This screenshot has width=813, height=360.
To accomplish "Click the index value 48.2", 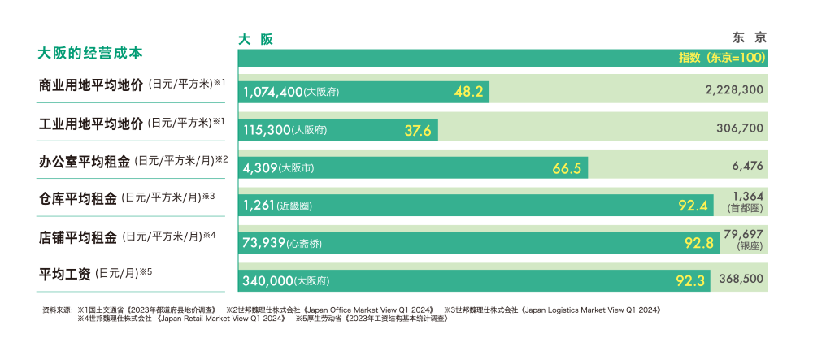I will tap(469, 91).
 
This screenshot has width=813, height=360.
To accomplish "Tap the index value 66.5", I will tap(567, 168).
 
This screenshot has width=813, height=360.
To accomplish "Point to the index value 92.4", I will tap(695, 206).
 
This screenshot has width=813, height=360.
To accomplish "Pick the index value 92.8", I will tap(698, 243).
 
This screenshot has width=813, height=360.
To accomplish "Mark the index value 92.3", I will tap(692, 280).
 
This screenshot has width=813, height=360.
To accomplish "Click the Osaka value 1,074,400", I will tap(272, 91).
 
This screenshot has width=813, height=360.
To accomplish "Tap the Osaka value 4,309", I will tap(259, 168).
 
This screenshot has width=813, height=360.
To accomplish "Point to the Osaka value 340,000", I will tap(267, 280).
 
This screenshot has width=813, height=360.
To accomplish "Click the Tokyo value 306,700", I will tap(740, 128).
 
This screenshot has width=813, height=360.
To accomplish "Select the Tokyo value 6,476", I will tap(747, 166).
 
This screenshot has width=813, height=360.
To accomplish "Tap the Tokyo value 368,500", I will tap(741, 278).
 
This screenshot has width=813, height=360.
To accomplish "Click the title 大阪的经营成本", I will tap(90, 54).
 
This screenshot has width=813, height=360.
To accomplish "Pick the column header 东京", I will tap(749, 37).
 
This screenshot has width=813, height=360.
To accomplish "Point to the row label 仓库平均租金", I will tap(78, 197).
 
